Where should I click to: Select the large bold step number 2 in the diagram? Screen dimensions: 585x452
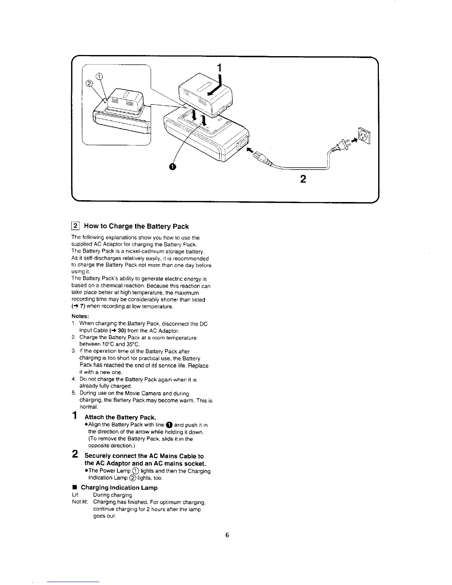[303, 179]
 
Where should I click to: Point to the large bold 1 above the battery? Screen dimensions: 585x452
[219, 68]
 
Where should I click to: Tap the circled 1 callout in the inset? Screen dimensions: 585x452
[99, 76]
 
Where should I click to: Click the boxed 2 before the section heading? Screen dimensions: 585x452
[75, 226]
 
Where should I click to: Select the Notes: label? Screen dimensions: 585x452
[80, 317]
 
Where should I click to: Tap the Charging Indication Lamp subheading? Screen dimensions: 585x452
[119, 487]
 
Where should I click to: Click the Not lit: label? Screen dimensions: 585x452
[79, 502]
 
